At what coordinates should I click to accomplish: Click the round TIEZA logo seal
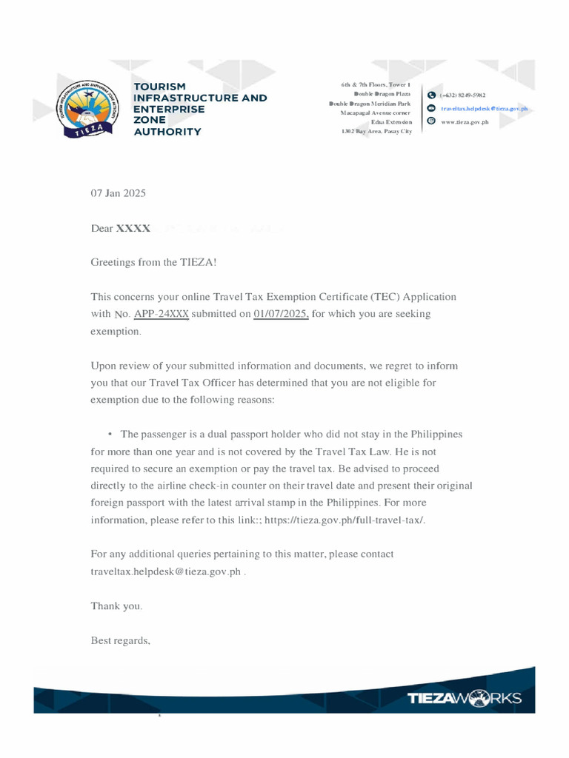point(90,109)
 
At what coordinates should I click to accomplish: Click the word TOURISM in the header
point(159,87)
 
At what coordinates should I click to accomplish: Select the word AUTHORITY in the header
point(167,132)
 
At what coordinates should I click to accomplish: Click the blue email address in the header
point(484,108)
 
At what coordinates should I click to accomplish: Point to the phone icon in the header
point(431,95)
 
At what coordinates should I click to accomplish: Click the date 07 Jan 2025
point(119,193)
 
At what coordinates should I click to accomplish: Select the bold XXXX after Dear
point(133,229)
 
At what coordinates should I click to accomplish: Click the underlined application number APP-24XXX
point(162,314)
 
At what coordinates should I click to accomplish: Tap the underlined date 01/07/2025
point(281,314)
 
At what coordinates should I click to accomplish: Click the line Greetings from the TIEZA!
point(154,262)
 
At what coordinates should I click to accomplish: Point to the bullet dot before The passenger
point(110,435)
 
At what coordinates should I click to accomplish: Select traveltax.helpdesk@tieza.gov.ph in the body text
point(166,572)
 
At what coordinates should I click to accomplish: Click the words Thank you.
point(116,606)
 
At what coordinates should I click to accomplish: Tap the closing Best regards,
point(121,640)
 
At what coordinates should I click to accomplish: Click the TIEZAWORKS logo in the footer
point(465,698)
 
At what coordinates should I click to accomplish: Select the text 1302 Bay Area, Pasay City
point(376,130)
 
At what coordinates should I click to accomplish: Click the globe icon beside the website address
point(431,121)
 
